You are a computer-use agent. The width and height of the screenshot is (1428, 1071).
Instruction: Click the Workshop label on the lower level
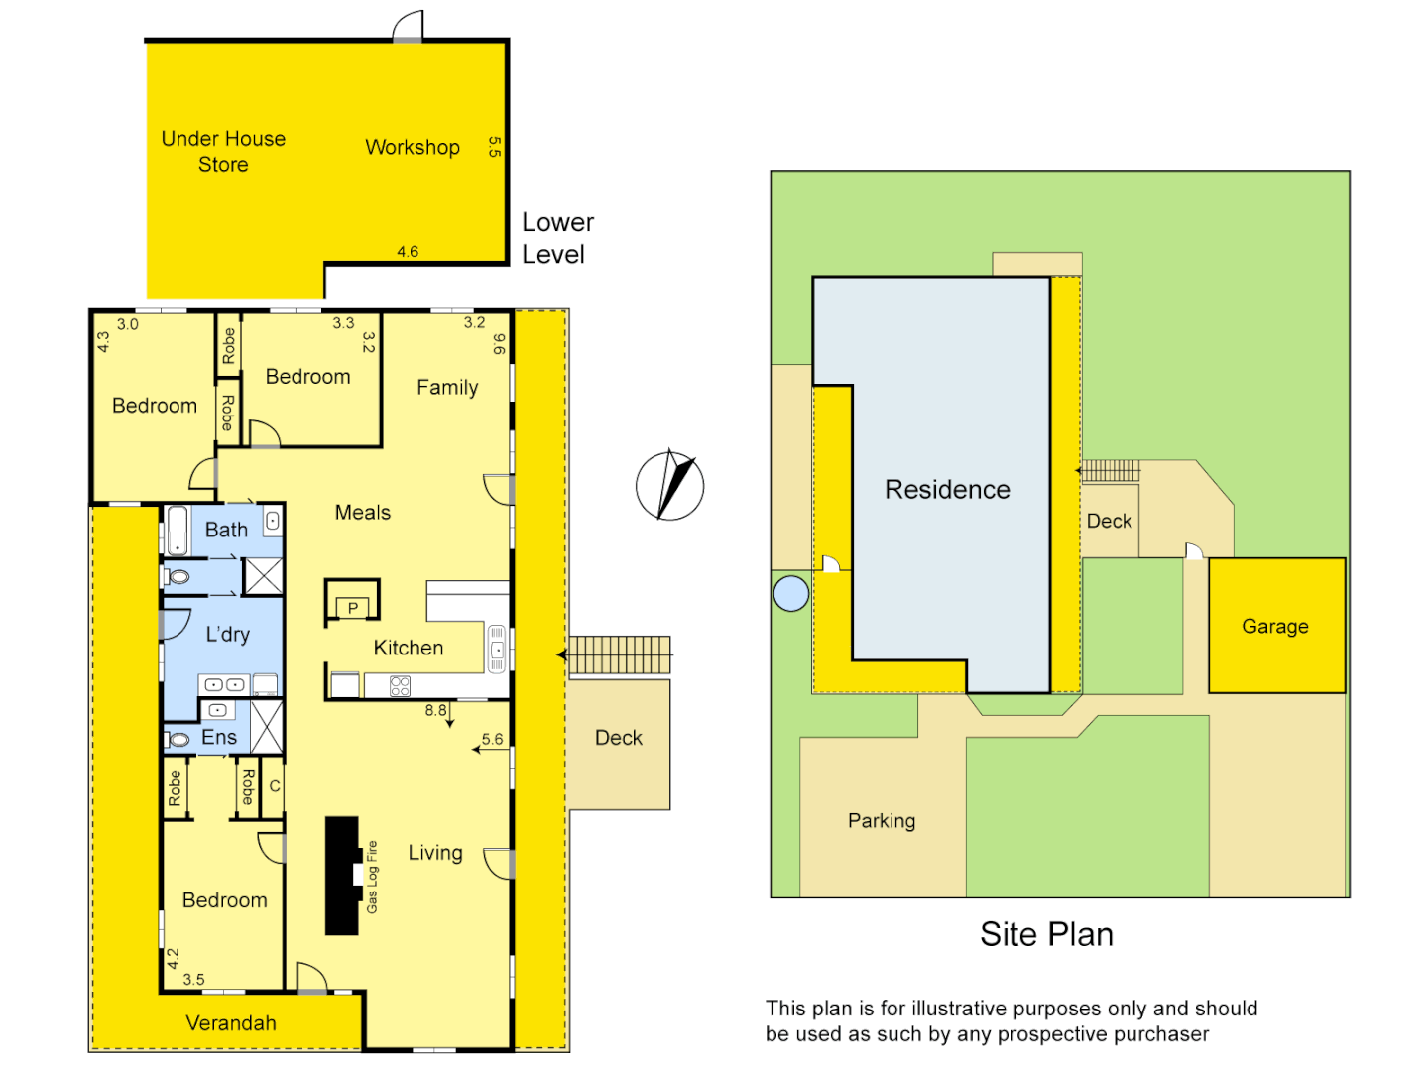click(x=413, y=147)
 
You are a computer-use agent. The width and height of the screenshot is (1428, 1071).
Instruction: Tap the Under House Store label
click(x=223, y=152)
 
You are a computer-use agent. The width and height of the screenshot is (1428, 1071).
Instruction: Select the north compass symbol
click(x=670, y=486)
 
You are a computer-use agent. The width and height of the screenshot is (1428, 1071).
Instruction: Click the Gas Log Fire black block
click(x=342, y=876)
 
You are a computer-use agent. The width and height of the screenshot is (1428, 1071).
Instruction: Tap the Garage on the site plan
click(x=1275, y=626)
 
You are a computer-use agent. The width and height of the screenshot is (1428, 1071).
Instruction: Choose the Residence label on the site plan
click(x=947, y=490)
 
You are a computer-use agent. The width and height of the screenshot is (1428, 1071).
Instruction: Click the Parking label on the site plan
click(x=882, y=821)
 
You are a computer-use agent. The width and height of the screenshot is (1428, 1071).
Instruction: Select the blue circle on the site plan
click(x=790, y=593)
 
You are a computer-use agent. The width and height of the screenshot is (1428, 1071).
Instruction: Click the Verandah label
click(x=231, y=1023)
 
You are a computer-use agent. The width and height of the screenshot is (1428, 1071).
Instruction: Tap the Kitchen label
click(x=409, y=648)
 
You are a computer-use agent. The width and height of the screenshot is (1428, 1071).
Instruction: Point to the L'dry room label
click(x=228, y=635)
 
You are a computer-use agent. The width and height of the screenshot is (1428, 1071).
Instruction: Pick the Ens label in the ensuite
click(x=219, y=737)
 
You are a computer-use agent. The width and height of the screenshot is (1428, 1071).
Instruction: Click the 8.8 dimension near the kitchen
click(x=436, y=710)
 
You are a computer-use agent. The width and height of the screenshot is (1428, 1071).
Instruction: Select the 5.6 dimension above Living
click(x=492, y=739)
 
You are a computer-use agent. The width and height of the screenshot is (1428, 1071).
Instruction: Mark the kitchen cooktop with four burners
click(x=400, y=685)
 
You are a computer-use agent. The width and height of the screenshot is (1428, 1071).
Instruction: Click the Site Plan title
click(x=1046, y=934)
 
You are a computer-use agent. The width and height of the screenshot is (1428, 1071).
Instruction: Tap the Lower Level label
click(x=557, y=238)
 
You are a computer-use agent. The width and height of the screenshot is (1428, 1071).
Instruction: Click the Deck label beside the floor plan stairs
click(x=619, y=738)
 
